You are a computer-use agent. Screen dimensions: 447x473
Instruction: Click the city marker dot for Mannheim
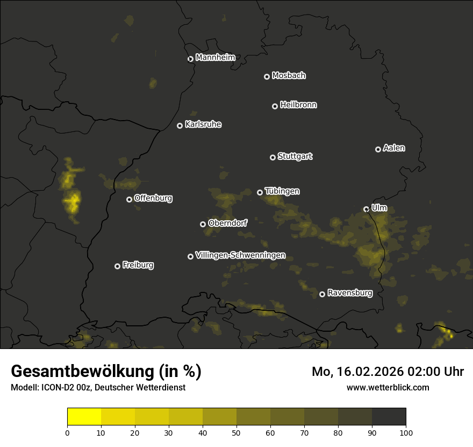click(190, 59)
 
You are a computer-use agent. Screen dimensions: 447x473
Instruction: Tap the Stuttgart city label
click(295, 157)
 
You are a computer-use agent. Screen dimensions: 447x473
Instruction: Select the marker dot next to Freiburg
click(117, 266)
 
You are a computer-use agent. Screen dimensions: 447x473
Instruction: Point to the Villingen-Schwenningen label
click(240, 255)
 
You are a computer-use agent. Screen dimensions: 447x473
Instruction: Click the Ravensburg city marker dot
click(322, 294)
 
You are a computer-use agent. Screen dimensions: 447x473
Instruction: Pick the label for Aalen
click(394, 148)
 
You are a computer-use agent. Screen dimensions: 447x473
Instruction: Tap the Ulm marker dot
click(366, 209)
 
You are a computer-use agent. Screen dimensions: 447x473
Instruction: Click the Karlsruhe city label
click(203, 124)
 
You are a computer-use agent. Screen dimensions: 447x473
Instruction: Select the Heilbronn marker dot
click(275, 106)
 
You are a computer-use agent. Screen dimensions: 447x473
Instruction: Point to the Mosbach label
click(289, 76)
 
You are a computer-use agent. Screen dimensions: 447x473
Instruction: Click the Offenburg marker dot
click(129, 199)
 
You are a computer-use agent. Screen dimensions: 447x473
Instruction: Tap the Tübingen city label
click(282, 191)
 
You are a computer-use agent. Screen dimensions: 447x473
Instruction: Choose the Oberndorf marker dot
click(203, 224)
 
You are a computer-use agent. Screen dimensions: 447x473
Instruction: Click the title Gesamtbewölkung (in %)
click(106, 372)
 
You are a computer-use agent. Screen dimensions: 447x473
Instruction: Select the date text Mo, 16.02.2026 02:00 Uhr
click(388, 372)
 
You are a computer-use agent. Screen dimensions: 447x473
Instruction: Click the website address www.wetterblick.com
click(388, 387)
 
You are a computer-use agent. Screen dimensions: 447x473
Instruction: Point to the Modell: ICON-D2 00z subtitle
click(98, 388)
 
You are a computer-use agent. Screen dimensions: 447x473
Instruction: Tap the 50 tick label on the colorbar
click(236, 432)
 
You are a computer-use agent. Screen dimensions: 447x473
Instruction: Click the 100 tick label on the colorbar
click(406, 432)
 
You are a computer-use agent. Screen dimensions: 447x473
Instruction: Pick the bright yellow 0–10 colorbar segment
click(84, 417)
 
